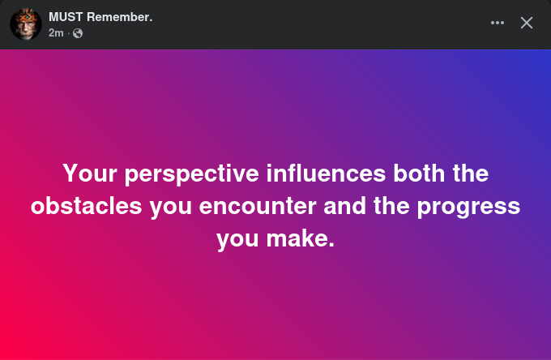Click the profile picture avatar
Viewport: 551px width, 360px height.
click(26, 24)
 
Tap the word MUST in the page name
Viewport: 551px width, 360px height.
click(66, 17)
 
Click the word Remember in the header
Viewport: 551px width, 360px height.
click(119, 17)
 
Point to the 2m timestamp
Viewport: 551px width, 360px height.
click(56, 33)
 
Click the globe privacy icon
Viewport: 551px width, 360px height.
click(78, 33)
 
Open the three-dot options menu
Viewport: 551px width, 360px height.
click(498, 23)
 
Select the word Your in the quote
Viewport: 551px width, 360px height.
click(90, 174)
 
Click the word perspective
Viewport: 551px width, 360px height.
click(192, 174)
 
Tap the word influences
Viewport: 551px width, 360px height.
click(326, 173)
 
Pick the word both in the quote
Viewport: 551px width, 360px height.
click(419, 173)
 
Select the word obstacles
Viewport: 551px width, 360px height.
click(87, 206)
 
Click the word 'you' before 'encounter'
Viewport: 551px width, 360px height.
click(170, 208)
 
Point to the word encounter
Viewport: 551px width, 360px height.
click(258, 207)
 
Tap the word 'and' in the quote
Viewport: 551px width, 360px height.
click(344, 206)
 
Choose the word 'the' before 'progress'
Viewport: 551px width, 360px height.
click(391, 206)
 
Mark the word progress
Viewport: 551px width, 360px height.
click(468, 208)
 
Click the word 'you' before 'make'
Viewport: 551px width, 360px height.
click(237, 240)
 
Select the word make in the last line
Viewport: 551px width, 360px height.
click(301, 238)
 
